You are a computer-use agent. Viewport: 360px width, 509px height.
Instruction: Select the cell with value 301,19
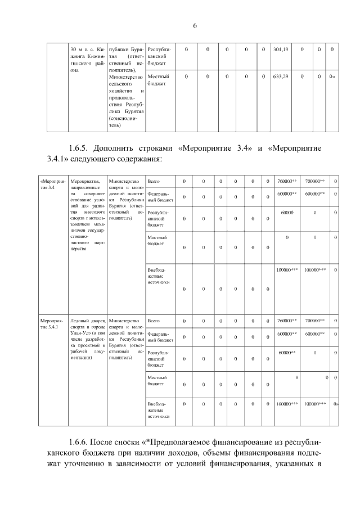pyautogui.click(x=280, y=50)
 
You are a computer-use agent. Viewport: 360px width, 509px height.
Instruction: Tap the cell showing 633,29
pyautogui.click(x=280, y=76)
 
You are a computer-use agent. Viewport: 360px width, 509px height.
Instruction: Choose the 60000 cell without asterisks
pyautogui.click(x=287, y=213)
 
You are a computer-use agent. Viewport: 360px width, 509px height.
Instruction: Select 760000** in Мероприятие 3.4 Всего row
pyautogui.click(x=287, y=182)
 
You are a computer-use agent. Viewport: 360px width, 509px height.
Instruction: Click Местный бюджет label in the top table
pyautogui.click(x=157, y=79)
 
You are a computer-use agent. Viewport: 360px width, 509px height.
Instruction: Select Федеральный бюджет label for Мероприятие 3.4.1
pyautogui.click(x=159, y=337)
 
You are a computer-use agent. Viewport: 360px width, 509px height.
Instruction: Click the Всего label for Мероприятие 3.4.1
pyautogui.click(x=153, y=321)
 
